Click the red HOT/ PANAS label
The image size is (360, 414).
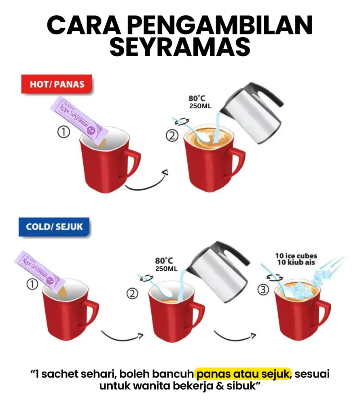pos(57,84)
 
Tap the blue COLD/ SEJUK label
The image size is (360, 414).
pos(54,227)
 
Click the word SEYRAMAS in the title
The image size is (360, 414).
pos(180,46)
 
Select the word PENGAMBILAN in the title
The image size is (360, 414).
pos(221,25)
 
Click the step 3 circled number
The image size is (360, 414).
pos(263,289)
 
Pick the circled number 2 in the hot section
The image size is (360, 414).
pos(172,136)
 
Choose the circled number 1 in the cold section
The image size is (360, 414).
pos(32,284)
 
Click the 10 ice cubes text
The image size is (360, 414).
pos(296,256)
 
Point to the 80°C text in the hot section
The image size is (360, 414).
pos(197,99)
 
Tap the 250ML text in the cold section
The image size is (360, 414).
pos(166,269)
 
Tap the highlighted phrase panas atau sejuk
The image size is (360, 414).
pos(243,374)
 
